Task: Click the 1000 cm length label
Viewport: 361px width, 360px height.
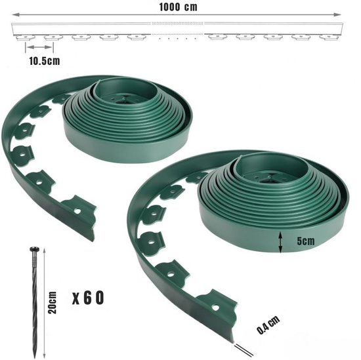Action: (178, 7)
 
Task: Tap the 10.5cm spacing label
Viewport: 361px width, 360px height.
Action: (45, 61)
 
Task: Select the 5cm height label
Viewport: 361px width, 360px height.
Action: (305, 241)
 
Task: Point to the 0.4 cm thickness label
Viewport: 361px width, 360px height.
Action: (268, 325)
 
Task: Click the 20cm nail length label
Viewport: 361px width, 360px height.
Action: (53, 302)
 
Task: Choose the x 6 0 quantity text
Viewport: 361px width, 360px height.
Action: (88, 298)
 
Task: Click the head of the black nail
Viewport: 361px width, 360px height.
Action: (35, 249)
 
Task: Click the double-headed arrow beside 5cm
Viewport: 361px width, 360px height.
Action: (280, 242)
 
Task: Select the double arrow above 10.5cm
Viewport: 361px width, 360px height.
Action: (39, 47)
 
